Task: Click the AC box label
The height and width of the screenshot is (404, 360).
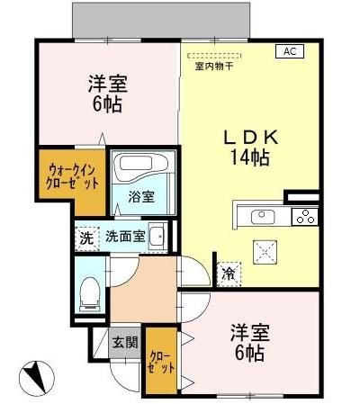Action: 290,52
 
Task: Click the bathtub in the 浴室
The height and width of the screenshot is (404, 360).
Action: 139,169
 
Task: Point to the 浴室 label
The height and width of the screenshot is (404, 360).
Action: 139,196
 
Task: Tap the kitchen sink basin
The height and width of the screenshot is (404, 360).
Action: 262,215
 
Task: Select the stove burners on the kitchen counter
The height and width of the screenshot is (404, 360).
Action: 305,215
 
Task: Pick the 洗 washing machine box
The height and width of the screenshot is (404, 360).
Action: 85,239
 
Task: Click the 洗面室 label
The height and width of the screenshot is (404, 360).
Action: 124,238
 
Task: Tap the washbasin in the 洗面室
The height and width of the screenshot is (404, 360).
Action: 157,237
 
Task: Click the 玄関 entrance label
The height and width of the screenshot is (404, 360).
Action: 124,342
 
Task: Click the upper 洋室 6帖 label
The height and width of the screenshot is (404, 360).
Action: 107,94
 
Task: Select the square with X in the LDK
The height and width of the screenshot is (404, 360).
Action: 265,251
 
